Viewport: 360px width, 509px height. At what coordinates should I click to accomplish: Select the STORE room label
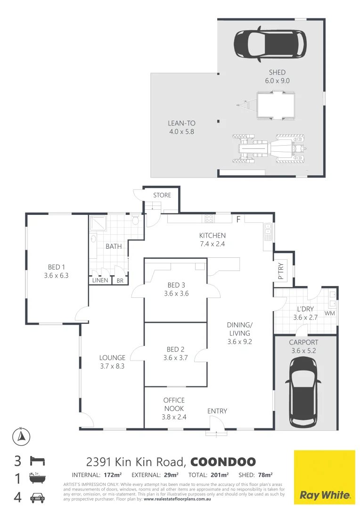[162, 195]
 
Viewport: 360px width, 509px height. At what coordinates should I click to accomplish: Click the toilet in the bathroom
[136, 221]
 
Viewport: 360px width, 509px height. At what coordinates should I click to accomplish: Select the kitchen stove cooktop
[208, 219]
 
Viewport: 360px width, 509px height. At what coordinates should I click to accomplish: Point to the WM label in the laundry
[329, 313]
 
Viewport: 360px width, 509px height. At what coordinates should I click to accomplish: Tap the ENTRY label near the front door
[217, 411]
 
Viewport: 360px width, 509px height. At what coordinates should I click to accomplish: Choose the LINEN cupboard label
[100, 280]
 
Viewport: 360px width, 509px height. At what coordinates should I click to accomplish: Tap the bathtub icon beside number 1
[38, 479]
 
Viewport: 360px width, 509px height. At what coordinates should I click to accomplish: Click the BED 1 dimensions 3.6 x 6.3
[56, 276]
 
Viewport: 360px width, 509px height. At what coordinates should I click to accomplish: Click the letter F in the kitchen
[238, 219]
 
